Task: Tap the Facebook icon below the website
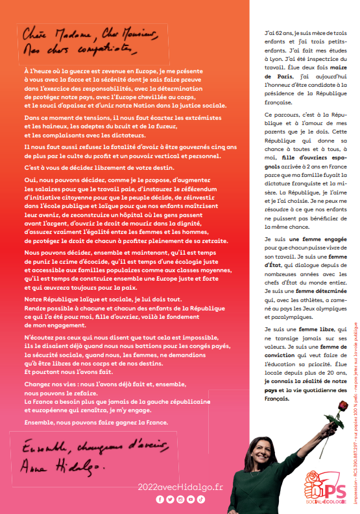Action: click(160, 499)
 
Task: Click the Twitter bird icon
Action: click(171, 499)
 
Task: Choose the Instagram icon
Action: click(181, 499)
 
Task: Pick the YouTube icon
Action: click(191, 499)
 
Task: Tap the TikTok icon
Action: click(202, 499)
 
